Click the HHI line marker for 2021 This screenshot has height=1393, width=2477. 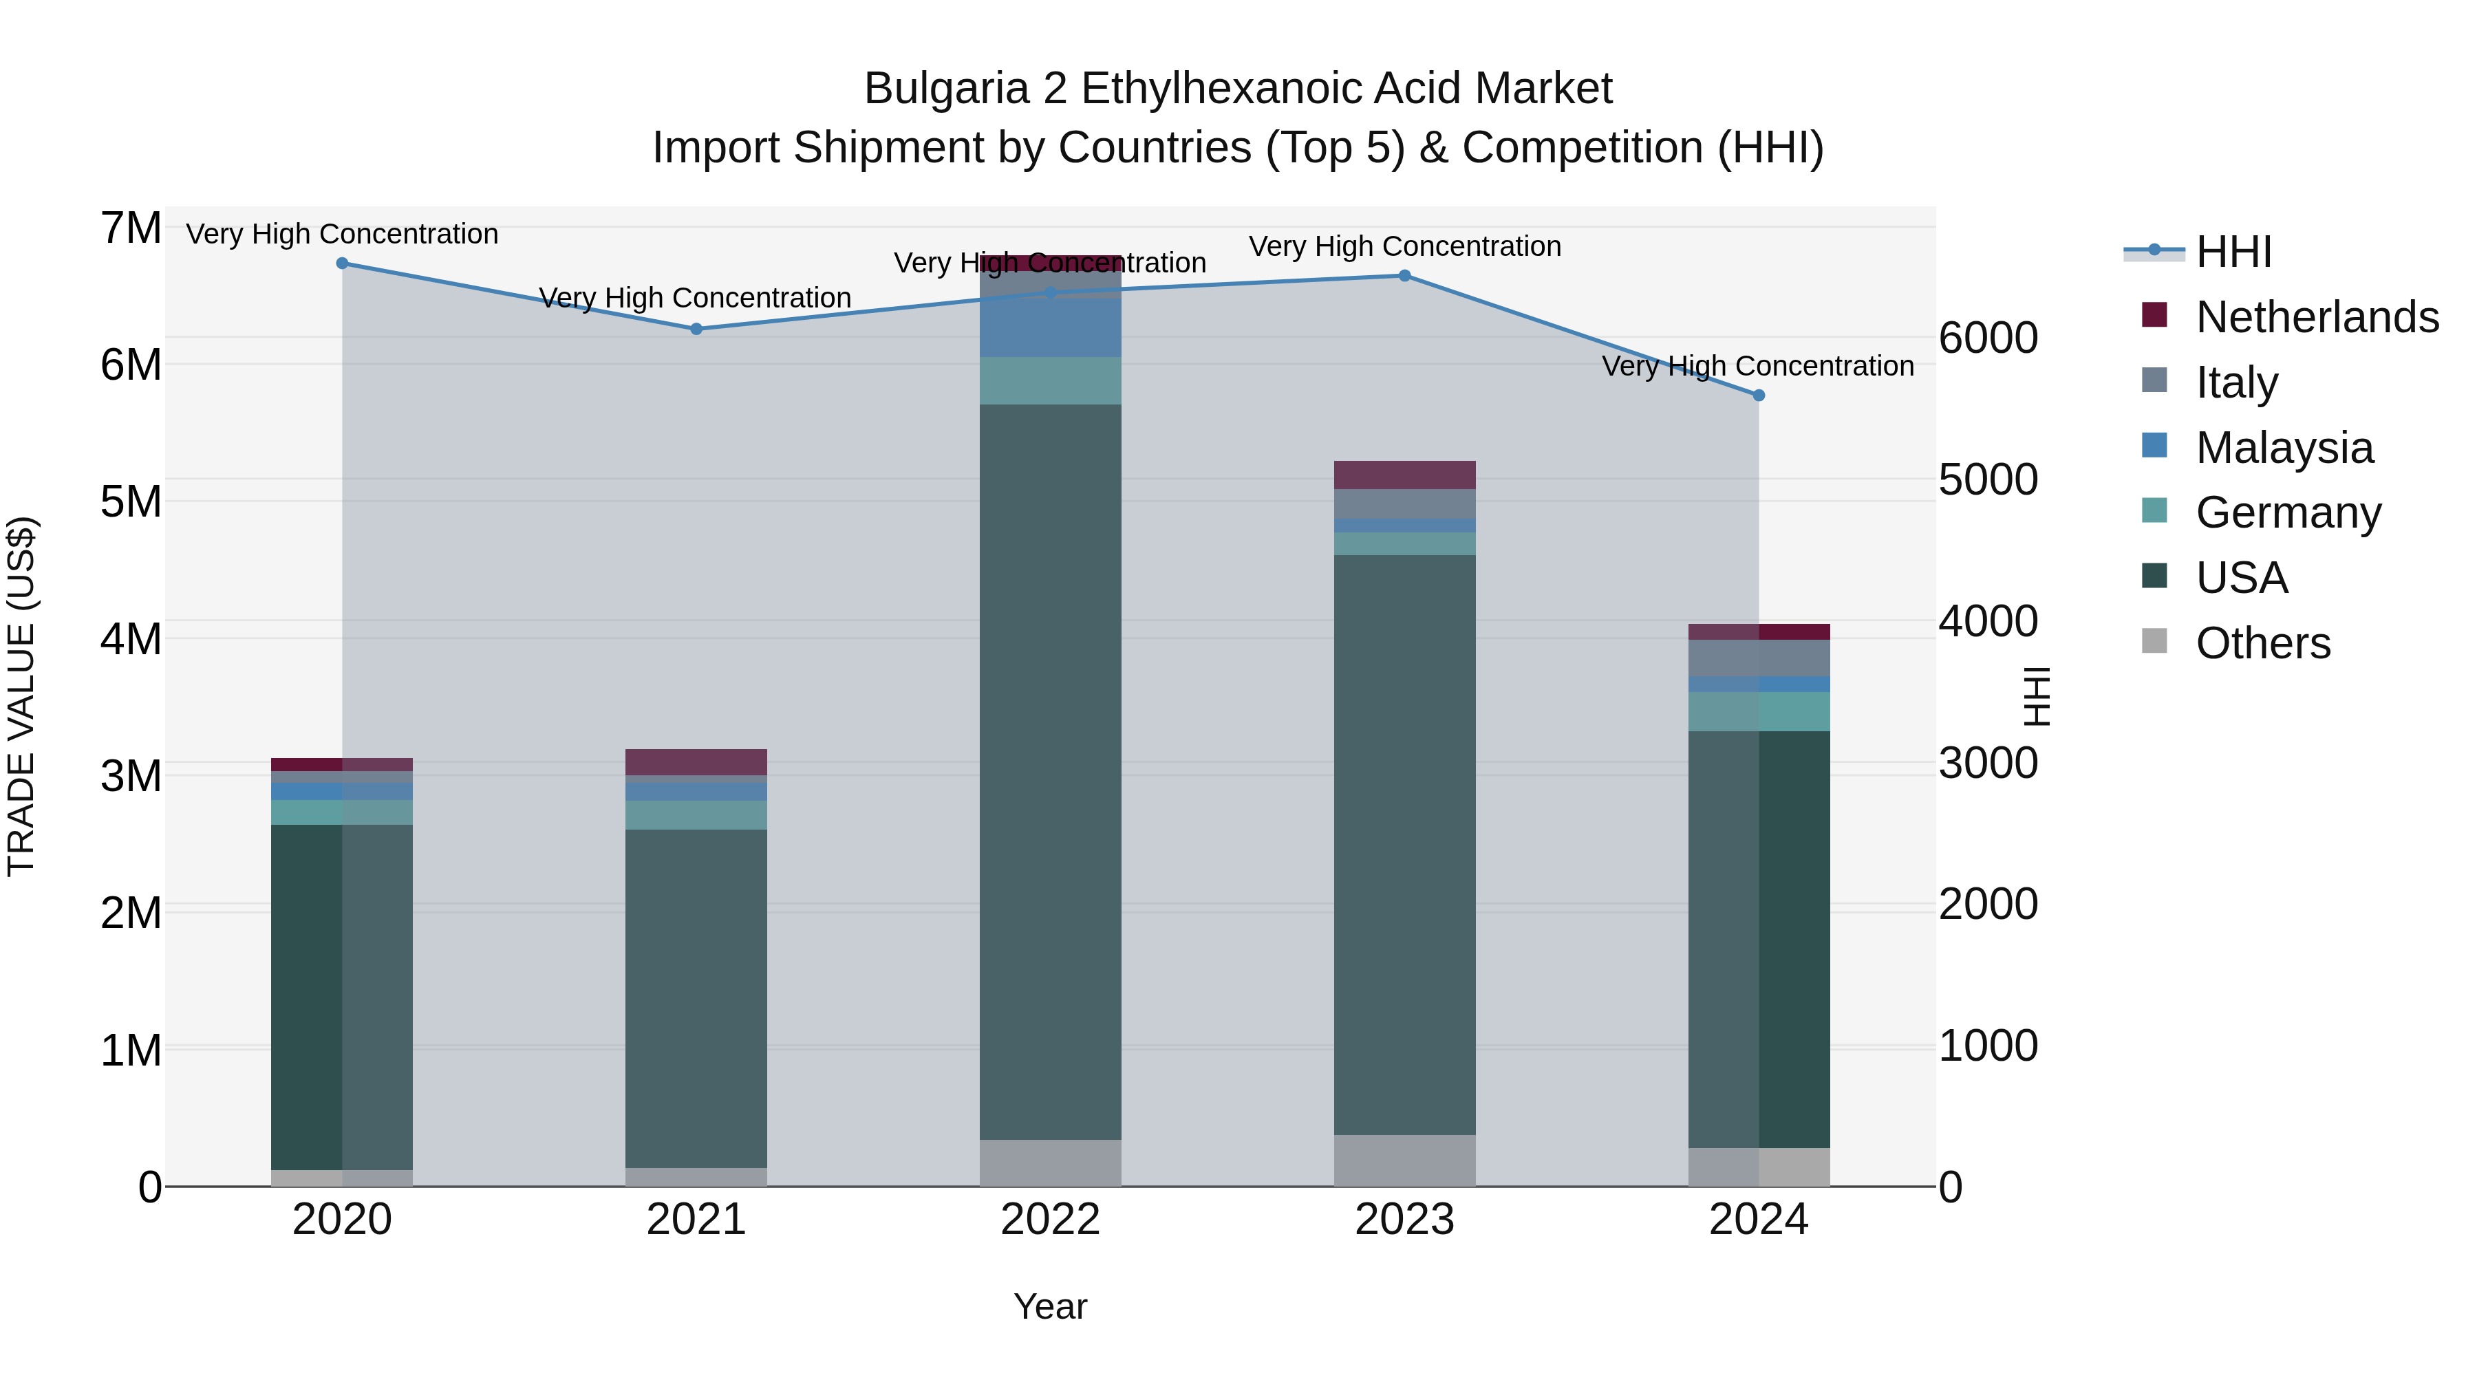(696, 329)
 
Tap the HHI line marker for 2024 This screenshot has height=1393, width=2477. (1759, 395)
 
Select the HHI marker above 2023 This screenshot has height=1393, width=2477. (1404, 276)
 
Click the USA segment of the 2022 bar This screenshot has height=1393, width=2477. (1050, 769)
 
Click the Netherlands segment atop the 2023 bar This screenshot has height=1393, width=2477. (1404, 475)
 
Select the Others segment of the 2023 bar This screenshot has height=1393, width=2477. (1404, 1160)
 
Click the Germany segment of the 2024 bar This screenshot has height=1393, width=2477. (1759, 711)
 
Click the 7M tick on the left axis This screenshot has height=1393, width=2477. (131, 229)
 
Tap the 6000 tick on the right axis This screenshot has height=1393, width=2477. (1988, 338)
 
